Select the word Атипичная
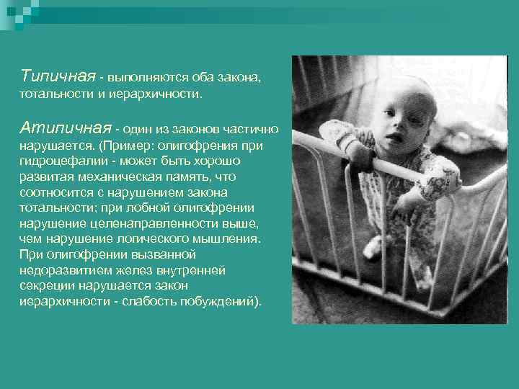pyautogui.click(x=66, y=128)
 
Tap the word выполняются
pyautogui.click(x=143, y=77)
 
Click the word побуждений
pyautogui.click(x=220, y=301)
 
